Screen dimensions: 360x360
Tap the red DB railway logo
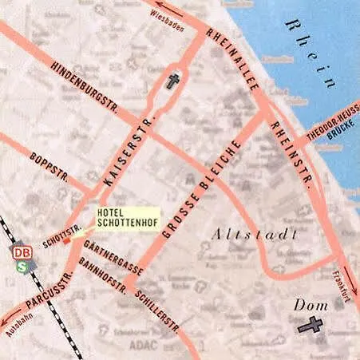click(21, 252)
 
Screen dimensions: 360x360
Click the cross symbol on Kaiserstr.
click(172, 81)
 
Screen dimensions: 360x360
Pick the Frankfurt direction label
click(338, 287)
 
